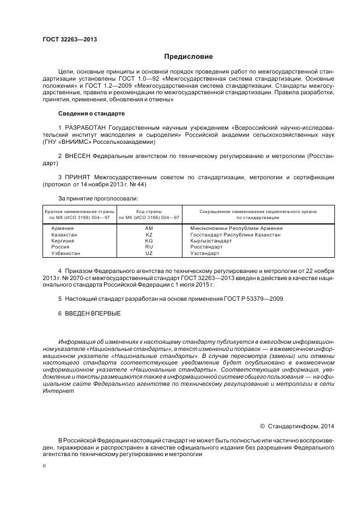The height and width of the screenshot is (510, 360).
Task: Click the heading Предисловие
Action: (189, 57)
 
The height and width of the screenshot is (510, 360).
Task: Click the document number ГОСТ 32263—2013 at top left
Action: (66, 40)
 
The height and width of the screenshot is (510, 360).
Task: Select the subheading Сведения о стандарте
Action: (91, 113)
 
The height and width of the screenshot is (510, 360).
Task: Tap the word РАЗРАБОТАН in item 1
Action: (83, 127)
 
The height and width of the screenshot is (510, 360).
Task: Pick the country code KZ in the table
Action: (149, 234)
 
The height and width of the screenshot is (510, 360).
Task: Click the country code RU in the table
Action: (149, 247)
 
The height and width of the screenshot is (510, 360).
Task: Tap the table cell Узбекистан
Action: (65, 253)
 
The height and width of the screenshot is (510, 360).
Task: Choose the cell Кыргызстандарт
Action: (211, 241)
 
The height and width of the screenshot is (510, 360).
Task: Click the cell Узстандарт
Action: (205, 253)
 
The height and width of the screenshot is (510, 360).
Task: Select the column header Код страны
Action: (149, 211)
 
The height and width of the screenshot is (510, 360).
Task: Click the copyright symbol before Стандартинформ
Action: (263, 426)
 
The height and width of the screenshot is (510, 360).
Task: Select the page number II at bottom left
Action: (44, 466)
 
